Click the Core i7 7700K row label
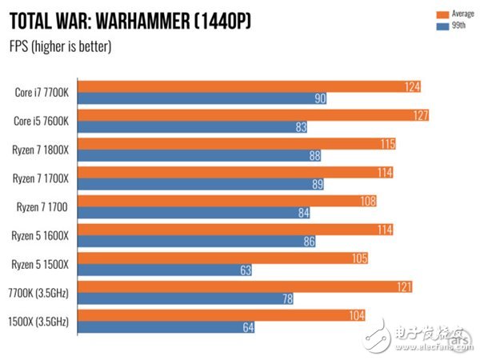tap(42, 92)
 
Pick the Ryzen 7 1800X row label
tap(42, 150)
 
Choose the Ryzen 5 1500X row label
tap(42, 264)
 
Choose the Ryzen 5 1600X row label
tap(42, 235)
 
